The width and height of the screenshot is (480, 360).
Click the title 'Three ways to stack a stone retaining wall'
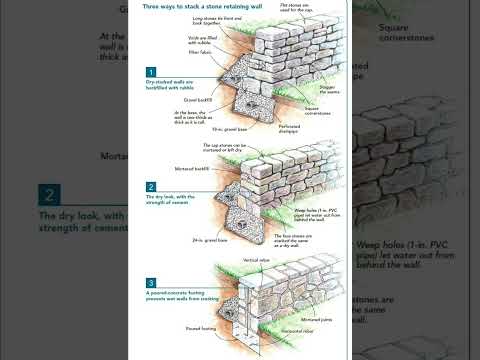pyautogui.click(x=192, y=8)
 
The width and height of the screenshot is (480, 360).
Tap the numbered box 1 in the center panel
pyautogui.click(x=151, y=72)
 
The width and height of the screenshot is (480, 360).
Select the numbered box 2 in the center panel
pyautogui.click(x=151, y=187)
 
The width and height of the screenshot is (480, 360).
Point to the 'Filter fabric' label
pyautogui.click(x=197, y=54)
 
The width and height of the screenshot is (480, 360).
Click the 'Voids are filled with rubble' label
pyautogui.click(x=199, y=40)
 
